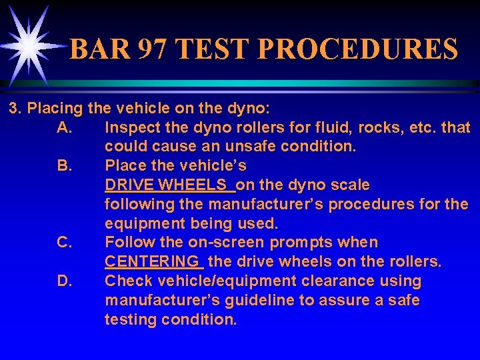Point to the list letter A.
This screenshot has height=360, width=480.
click(65, 127)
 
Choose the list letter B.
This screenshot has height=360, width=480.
click(65, 165)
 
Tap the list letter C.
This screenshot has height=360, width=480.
click(65, 243)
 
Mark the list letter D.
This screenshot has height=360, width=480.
click(65, 281)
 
